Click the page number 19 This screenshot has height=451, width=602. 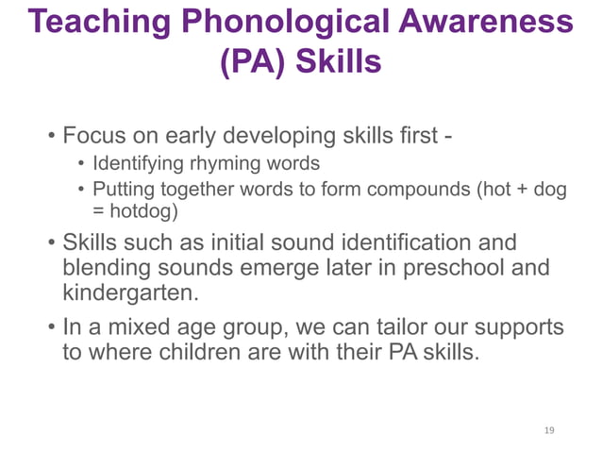549,430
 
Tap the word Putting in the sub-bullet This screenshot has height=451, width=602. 124,190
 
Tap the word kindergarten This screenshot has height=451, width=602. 131,293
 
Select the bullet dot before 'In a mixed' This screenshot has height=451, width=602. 51,328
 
